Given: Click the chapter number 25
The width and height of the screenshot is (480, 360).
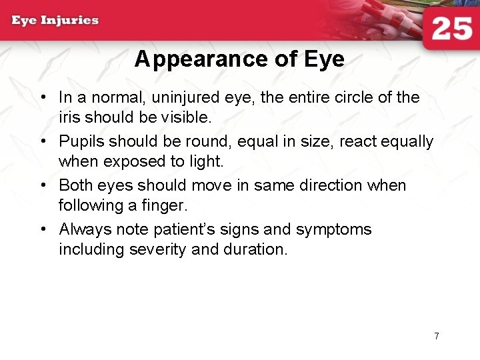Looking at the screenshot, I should coord(451,29).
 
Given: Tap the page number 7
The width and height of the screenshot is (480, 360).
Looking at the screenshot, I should coord(437,336).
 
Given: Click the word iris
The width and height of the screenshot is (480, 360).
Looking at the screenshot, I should coord(69,117).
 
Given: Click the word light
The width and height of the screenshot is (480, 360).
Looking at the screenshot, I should coord(207,161).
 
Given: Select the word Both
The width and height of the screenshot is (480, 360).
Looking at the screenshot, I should coord(76,185).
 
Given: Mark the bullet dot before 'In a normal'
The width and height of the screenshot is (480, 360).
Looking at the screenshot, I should coord(42,98).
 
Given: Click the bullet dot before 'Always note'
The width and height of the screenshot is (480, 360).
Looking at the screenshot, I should coord(42,229).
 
